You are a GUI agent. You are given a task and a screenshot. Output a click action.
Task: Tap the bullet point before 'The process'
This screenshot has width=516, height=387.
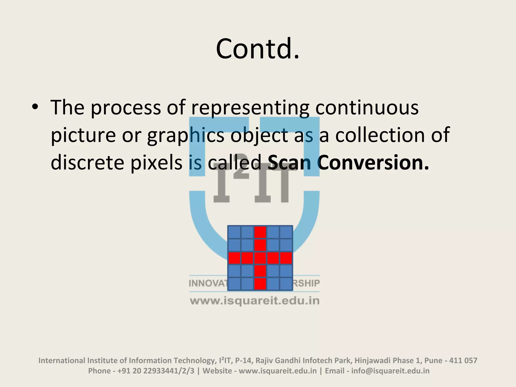pos(35,107)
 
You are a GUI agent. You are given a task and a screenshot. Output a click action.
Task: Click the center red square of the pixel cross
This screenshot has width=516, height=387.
pos(260,258)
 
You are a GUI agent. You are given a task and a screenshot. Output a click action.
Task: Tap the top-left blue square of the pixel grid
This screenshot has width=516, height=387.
pos(234,232)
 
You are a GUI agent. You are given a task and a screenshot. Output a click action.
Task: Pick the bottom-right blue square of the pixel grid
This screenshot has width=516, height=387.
pos(286,284)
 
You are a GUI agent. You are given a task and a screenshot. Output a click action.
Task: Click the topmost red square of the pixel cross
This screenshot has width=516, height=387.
pos(260,232)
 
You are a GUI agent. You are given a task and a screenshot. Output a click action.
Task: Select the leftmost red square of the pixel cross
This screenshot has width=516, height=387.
pos(234,258)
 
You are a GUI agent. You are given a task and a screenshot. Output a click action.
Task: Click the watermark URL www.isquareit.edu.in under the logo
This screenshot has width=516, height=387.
pos(255,301)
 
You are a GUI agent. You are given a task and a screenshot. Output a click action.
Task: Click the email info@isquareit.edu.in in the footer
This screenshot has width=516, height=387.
pos(390,371)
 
